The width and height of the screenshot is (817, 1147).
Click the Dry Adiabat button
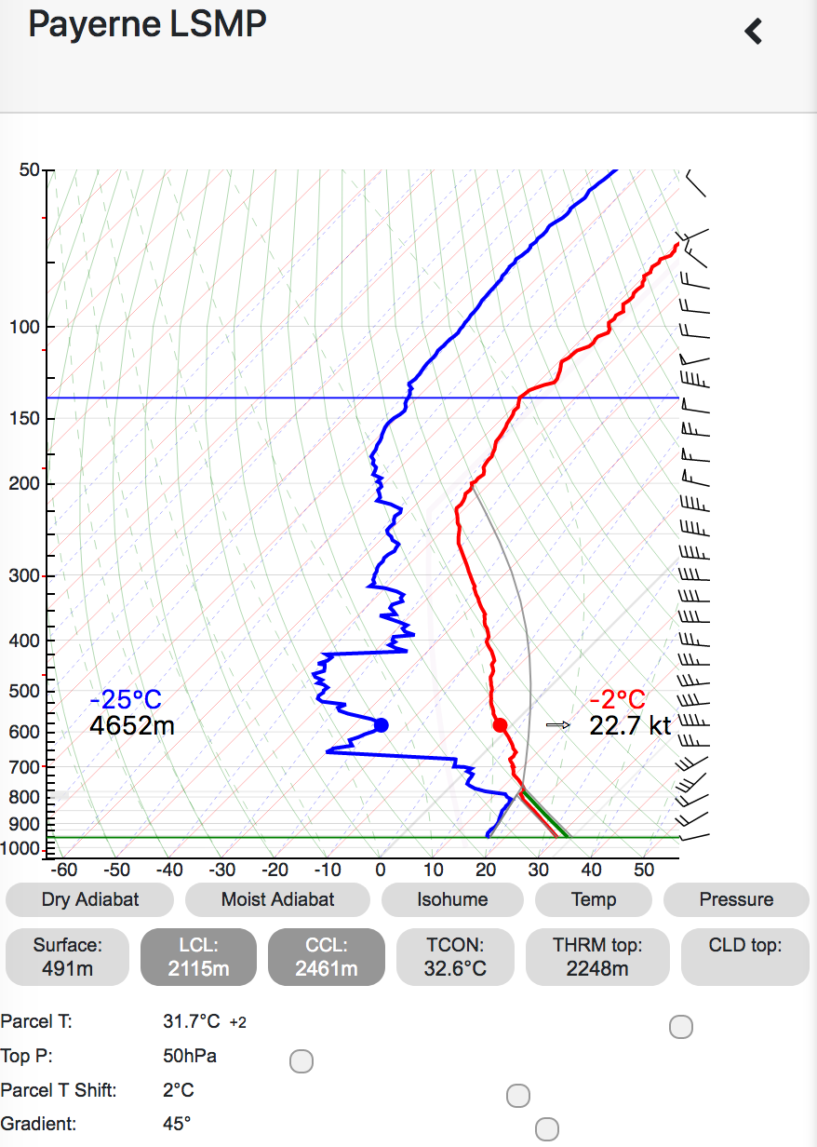(x=89, y=899)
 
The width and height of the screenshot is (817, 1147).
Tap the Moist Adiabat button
(x=277, y=899)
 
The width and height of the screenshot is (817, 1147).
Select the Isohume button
(x=451, y=899)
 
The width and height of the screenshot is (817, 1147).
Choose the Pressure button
(x=736, y=899)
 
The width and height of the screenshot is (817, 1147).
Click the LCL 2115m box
(x=197, y=956)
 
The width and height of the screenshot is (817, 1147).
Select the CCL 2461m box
(x=326, y=956)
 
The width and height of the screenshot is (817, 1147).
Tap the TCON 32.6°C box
(x=455, y=956)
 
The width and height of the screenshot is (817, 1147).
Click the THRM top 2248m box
(x=597, y=956)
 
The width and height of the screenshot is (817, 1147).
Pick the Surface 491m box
(x=67, y=956)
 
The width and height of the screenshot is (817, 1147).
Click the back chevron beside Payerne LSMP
(x=754, y=31)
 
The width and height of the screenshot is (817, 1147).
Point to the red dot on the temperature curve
(x=500, y=724)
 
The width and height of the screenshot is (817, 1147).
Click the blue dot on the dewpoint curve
(x=381, y=724)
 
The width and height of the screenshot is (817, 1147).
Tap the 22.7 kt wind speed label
(x=630, y=725)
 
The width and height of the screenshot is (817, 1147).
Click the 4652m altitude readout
(x=132, y=725)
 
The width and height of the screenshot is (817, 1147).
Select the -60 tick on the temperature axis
(x=63, y=870)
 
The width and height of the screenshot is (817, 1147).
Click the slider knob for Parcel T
(x=681, y=1027)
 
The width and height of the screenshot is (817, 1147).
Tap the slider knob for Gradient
(x=547, y=1129)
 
